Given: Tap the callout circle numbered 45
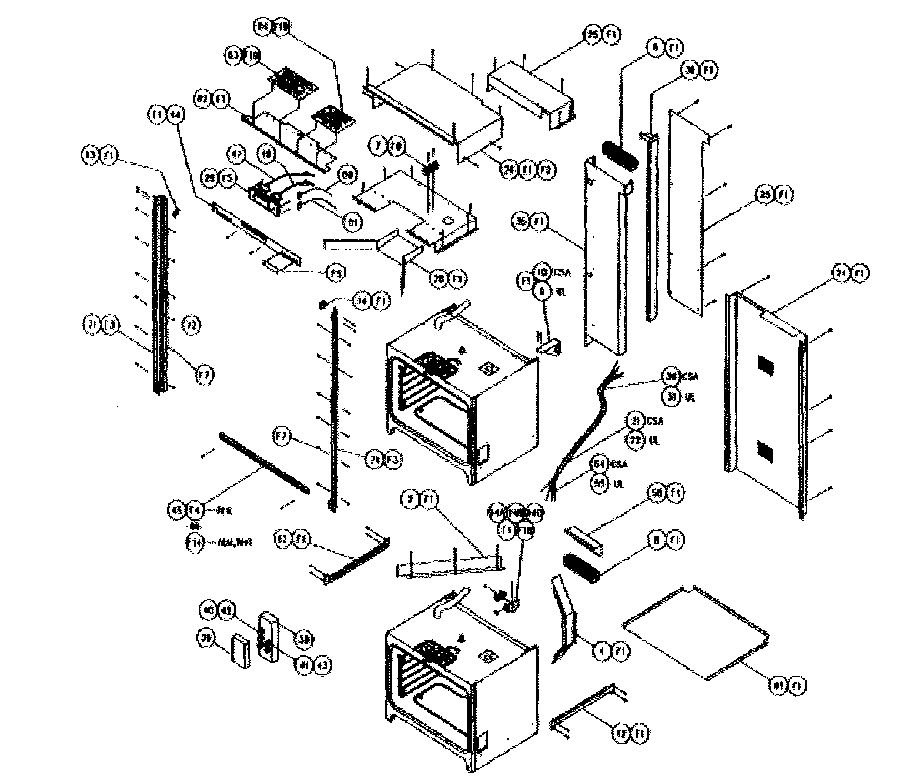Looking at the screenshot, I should (x=176, y=510).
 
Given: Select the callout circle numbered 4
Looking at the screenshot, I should (x=602, y=651).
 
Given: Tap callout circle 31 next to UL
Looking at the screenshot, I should (x=671, y=397).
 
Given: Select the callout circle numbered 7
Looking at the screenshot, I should (x=378, y=146).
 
